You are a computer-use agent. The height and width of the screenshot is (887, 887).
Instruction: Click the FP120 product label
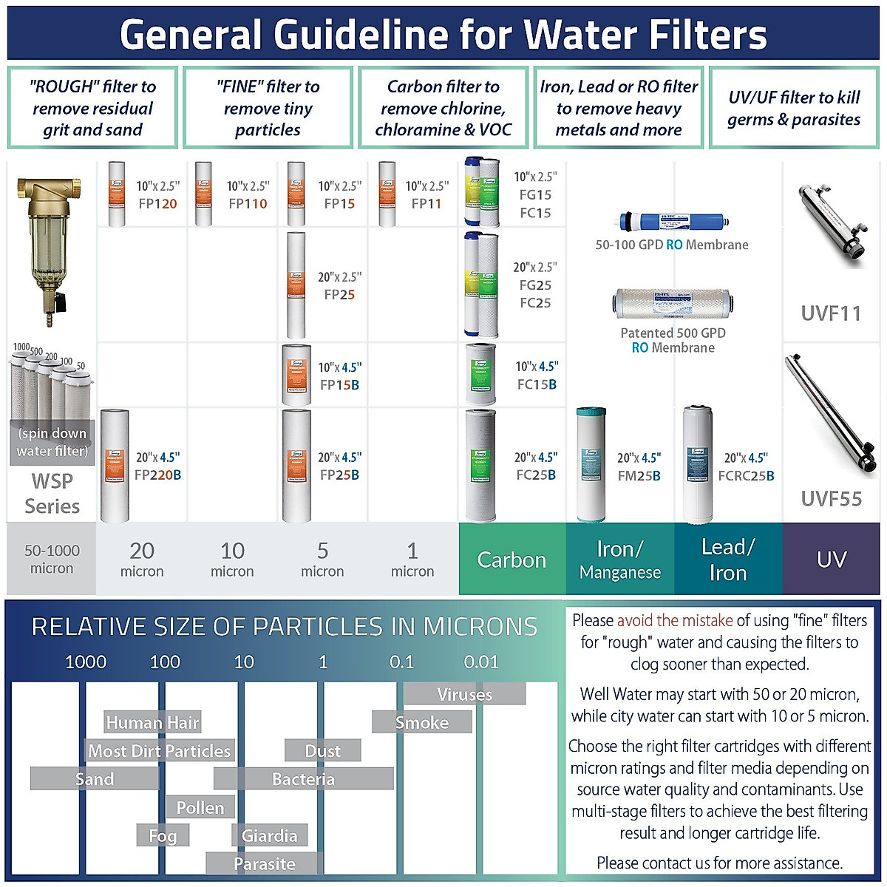click(157, 204)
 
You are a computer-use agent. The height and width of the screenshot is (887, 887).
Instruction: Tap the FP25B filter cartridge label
click(339, 475)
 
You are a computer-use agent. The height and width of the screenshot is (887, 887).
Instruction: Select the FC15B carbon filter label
click(537, 384)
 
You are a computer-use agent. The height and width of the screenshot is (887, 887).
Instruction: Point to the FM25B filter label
click(639, 476)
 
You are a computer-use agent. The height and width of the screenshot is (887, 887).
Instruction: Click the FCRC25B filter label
click(746, 476)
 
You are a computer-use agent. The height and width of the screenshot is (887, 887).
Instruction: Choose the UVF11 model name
click(831, 313)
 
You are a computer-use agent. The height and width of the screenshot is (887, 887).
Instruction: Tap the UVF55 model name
click(831, 499)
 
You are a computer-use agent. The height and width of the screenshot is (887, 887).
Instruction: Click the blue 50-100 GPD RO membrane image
click(672, 221)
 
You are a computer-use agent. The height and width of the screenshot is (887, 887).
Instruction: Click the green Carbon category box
click(512, 560)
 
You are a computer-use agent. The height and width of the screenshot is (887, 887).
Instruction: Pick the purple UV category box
click(831, 560)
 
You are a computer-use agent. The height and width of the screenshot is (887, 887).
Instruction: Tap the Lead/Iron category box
click(728, 560)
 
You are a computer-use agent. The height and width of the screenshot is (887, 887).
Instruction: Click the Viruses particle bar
click(464, 694)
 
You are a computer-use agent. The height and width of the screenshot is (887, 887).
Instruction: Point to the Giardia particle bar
click(269, 836)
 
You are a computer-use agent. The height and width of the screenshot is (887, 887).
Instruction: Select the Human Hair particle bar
click(152, 722)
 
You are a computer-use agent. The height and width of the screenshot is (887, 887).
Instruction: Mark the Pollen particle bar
click(200, 808)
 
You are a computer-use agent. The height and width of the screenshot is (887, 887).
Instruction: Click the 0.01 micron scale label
click(481, 662)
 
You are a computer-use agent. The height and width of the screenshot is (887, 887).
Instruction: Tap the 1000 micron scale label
click(86, 662)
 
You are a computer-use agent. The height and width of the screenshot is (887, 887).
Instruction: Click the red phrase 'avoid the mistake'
click(674, 620)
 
